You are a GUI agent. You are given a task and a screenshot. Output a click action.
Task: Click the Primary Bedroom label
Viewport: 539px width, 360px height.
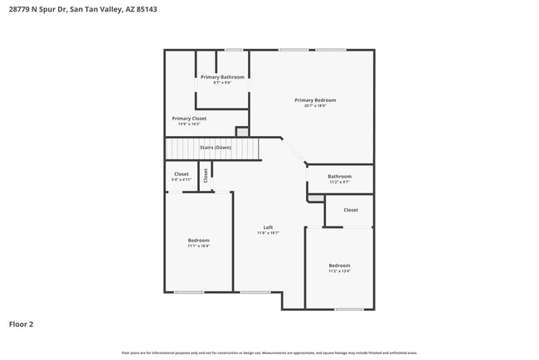[x=315, y=100]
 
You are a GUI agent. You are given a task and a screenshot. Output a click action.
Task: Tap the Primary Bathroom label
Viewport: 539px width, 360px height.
[x=222, y=77]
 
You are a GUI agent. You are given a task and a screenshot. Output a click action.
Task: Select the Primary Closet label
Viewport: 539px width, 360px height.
[x=189, y=119]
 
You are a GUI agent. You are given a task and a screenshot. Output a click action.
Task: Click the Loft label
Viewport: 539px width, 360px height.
[x=268, y=227]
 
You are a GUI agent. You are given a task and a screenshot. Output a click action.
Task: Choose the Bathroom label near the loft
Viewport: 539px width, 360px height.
[x=340, y=176]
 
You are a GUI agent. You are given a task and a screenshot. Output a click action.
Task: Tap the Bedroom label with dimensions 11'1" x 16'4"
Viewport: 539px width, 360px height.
[x=198, y=241]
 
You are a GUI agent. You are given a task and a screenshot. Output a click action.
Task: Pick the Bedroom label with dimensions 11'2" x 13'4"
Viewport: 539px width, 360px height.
[x=339, y=265]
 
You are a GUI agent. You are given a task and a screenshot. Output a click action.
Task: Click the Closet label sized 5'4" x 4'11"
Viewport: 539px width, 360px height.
[x=182, y=174]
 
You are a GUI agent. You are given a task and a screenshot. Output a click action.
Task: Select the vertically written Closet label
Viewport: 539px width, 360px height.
[x=206, y=176]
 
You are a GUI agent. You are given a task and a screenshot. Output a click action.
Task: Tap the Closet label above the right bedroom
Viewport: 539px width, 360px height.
[x=351, y=210]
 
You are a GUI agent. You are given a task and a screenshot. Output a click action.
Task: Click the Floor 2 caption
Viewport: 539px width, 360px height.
[x=22, y=324]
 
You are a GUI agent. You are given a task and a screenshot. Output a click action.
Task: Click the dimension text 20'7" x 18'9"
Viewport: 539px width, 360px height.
[x=315, y=106]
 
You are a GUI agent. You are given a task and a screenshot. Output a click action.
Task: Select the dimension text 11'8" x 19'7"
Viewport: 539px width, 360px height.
[x=268, y=233]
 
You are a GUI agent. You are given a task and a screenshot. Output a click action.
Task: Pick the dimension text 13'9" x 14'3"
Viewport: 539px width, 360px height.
[x=189, y=124]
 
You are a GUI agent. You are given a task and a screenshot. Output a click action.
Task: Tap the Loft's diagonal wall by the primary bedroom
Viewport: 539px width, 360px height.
[x=294, y=151]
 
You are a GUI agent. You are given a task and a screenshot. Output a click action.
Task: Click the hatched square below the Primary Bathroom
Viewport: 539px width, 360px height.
[x=241, y=131]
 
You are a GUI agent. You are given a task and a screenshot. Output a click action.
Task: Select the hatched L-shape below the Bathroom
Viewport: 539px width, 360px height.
[x=316, y=197]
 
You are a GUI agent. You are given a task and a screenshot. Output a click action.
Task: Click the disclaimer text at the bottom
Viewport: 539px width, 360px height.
[x=269, y=353]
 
